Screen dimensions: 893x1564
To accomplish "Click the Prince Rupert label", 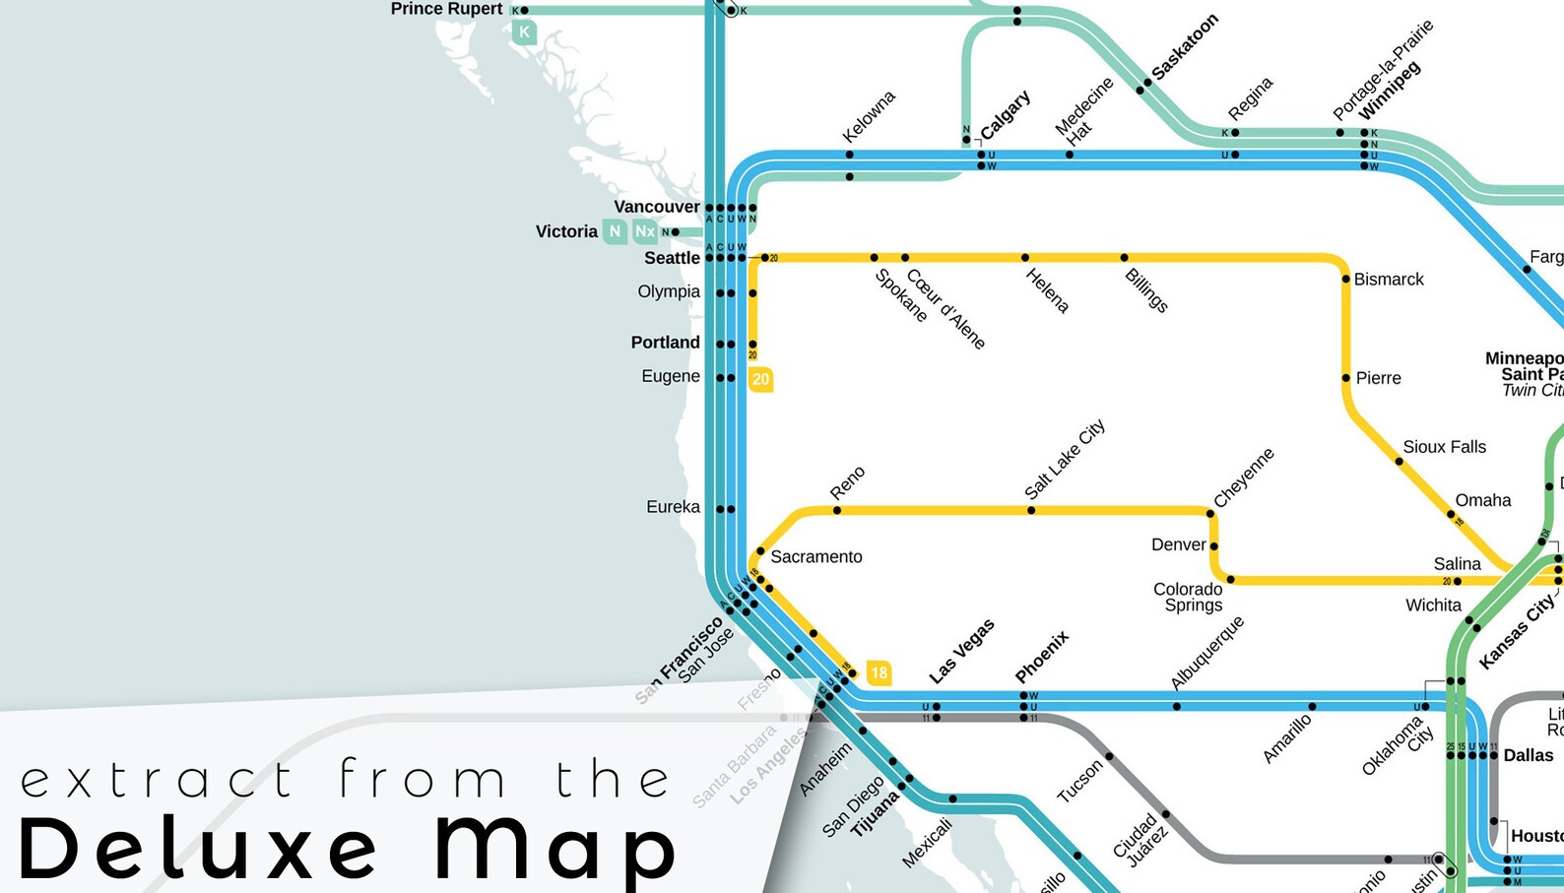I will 446,9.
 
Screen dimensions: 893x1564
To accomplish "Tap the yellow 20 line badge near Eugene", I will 760,379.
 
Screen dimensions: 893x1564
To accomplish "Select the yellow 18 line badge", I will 879,673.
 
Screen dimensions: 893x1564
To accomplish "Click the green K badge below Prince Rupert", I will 524,32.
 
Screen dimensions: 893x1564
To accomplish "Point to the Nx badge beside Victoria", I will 645,231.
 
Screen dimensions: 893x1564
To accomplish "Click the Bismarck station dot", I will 1345,279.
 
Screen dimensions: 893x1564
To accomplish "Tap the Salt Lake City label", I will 1065,459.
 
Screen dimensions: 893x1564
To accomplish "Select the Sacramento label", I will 815,556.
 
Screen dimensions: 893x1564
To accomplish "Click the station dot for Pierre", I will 1345,378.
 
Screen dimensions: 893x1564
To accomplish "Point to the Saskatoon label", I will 1185,47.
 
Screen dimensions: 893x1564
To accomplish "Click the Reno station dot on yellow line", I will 837,510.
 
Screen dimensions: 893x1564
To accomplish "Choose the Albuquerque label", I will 1206,653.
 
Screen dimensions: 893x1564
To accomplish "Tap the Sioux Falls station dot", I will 1399,461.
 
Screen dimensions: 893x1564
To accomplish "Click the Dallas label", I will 1528,755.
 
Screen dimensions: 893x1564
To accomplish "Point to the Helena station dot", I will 1025,258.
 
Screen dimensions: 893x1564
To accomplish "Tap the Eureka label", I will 673,507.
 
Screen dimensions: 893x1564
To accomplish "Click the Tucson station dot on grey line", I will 1109,756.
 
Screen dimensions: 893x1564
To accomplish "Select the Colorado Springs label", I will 1189,597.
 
